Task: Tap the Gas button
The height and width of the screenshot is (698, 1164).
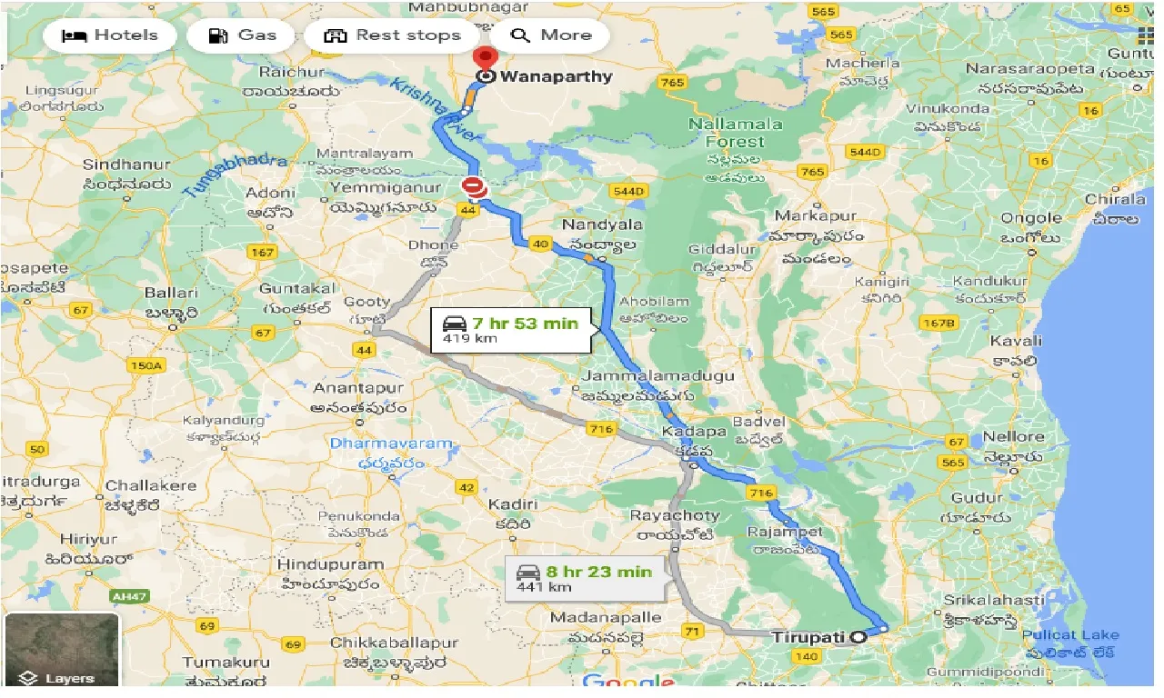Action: tap(242, 36)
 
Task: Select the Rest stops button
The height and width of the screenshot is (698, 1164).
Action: tap(393, 36)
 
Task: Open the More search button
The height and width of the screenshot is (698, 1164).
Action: tap(551, 36)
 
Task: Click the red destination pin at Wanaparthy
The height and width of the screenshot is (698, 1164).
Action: tap(486, 56)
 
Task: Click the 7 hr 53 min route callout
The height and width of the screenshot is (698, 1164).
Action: tap(511, 329)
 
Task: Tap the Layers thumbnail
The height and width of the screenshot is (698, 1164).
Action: tap(62, 650)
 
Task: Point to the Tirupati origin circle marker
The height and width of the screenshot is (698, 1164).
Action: tap(858, 638)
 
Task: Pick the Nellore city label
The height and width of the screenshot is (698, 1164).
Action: tap(1014, 437)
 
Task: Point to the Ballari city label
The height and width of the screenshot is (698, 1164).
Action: tap(171, 293)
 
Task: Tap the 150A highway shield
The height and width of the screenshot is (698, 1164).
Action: tap(146, 366)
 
